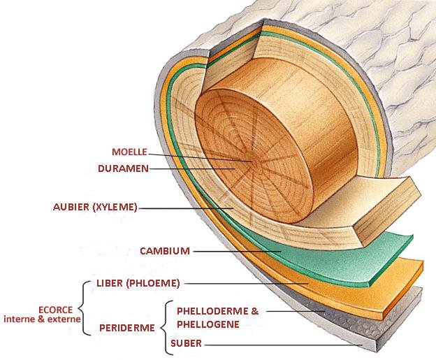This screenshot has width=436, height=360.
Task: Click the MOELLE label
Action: pyautogui.click(x=129, y=152)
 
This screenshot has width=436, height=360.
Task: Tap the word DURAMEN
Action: pyautogui.click(x=123, y=168)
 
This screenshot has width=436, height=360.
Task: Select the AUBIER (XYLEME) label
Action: pyautogui.click(x=95, y=207)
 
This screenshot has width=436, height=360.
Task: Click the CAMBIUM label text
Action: pyautogui.click(x=165, y=251)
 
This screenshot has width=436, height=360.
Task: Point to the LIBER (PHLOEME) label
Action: pyautogui.click(x=138, y=283)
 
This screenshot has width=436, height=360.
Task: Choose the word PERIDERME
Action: pyautogui.click(x=126, y=328)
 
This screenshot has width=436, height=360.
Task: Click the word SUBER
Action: pyautogui.click(x=186, y=343)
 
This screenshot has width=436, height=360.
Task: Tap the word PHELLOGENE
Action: pyautogui.click(x=208, y=324)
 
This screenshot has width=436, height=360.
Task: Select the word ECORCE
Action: pyautogui.click(x=56, y=310)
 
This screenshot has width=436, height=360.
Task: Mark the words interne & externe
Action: pyautogui.click(x=42, y=319)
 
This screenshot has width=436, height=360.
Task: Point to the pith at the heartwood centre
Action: pyautogui.click(x=254, y=162)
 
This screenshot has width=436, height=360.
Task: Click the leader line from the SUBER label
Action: pyautogui.click(x=283, y=345)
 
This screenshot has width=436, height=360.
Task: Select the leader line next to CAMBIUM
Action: pyautogui.click(x=237, y=252)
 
